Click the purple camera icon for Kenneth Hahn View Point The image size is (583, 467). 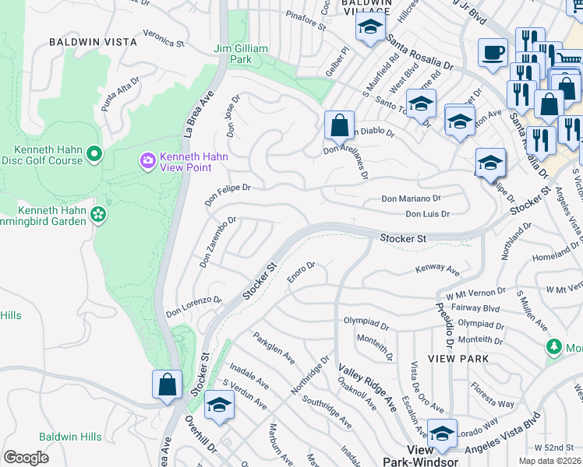[147, 160]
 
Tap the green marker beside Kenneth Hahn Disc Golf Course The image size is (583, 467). [94, 154]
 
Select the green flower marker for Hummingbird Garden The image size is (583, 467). [98, 213]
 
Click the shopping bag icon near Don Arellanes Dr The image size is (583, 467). [340, 125]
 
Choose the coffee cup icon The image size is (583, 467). [492, 53]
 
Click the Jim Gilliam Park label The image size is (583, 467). [241, 54]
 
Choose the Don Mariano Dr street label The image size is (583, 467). [411, 198]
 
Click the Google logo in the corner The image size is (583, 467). [26, 457]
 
